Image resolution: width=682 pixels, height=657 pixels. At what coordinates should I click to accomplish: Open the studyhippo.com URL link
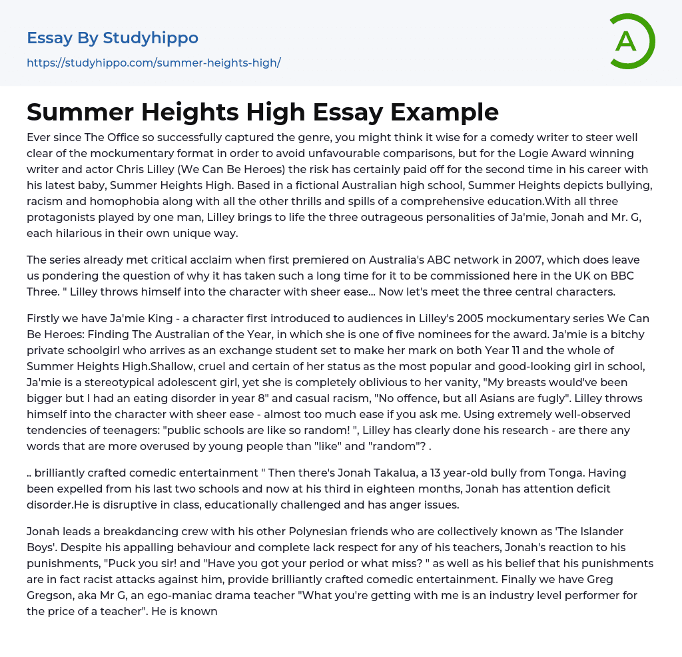point(154,63)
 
